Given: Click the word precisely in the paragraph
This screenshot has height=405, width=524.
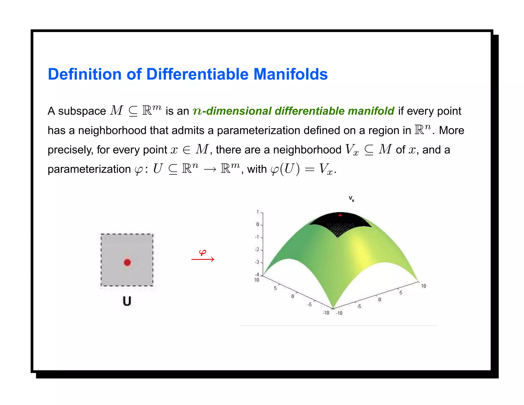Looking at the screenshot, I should tap(70, 150).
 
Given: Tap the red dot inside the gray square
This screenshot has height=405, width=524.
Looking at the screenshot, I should tap(127, 262).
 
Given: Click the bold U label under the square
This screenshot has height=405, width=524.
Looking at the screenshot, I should tap(127, 301).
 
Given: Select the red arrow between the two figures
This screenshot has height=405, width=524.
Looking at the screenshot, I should tap(203, 260).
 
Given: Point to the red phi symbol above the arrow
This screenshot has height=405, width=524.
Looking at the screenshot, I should tap(203, 253).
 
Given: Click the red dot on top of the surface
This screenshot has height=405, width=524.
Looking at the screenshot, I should tap(340, 215).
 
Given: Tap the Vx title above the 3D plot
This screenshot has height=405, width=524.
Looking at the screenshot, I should tap(351, 199).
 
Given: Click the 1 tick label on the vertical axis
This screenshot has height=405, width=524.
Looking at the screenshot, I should tap(258, 212).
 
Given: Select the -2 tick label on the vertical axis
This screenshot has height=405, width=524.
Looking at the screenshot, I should tap(257, 250).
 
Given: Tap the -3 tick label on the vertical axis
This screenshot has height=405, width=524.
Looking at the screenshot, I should tap(257, 262).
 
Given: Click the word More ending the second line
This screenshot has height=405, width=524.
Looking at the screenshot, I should tap(452, 131).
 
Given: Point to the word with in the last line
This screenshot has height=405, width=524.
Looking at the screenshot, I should tap(257, 169).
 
